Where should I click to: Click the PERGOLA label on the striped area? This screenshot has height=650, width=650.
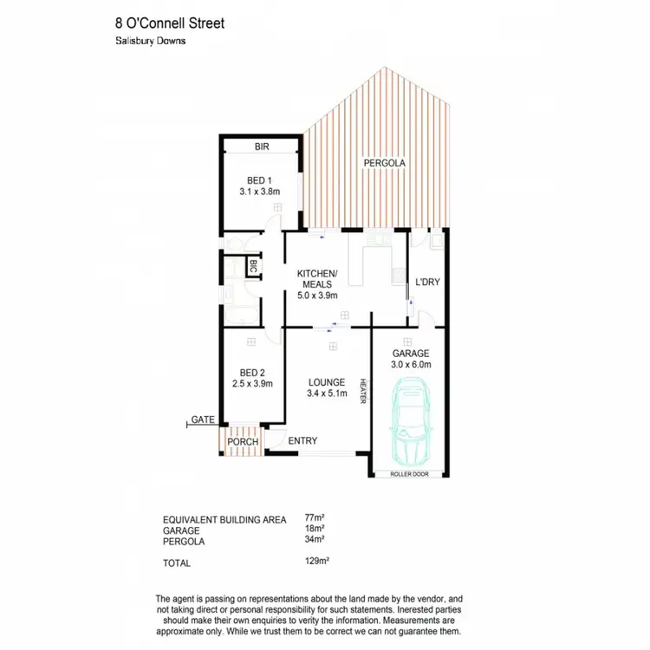pyautogui.click(x=384, y=162)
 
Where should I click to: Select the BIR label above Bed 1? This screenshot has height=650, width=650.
pyautogui.click(x=262, y=147)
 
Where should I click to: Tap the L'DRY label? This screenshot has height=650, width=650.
pyautogui.click(x=428, y=283)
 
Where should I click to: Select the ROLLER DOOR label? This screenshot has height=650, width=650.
pyautogui.click(x=408, y=475)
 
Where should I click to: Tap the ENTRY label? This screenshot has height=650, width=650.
pyautogui.click(x=302, y=441)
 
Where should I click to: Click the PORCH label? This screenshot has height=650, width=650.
pyautogui.click(x=243, y=442)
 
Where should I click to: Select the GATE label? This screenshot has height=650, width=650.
pyautogui.click(x=203, y=419)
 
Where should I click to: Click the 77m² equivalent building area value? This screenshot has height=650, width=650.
pyautogui.click(x=313, y=519)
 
